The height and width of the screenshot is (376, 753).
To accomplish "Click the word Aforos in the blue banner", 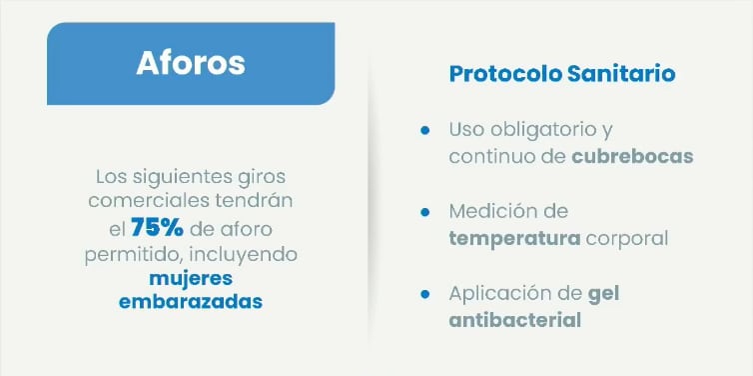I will click(190, 62).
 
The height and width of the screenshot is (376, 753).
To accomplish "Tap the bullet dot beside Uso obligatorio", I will click(424, 131).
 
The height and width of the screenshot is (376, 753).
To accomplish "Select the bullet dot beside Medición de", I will click(424, 212).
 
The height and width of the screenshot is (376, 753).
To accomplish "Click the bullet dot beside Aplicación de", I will click(424, 294).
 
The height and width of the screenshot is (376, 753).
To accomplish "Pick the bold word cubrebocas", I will click(632, 157).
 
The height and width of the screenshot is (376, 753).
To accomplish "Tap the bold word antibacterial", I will click(514, 321).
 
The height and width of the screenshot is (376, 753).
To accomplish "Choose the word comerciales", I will click(153, 202).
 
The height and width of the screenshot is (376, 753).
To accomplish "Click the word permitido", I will click(134, 253).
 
